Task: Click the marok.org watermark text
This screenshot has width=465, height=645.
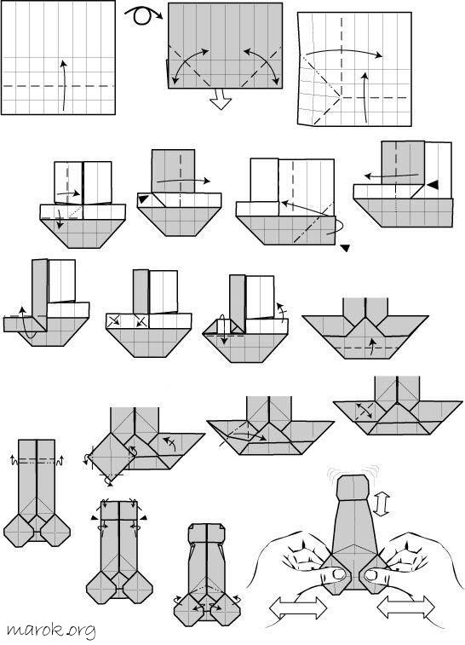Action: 50,631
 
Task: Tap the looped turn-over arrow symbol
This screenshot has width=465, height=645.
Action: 143,15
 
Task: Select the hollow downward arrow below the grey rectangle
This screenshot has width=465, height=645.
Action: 221,99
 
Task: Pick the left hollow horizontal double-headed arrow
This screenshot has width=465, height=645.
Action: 298,608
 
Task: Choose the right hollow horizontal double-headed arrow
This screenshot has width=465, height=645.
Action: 405,608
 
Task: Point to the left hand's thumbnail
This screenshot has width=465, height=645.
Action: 339,573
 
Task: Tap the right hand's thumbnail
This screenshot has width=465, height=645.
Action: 370,574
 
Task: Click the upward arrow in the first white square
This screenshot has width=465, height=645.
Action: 63,85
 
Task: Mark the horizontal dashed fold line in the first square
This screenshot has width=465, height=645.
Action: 58,86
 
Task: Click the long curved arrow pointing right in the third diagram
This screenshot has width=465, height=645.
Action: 345,53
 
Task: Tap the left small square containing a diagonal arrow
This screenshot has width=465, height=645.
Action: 113,321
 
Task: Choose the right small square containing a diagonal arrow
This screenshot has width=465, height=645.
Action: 142,321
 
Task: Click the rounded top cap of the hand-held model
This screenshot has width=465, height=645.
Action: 353,487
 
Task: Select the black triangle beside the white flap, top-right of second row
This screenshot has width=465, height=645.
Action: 432,186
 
